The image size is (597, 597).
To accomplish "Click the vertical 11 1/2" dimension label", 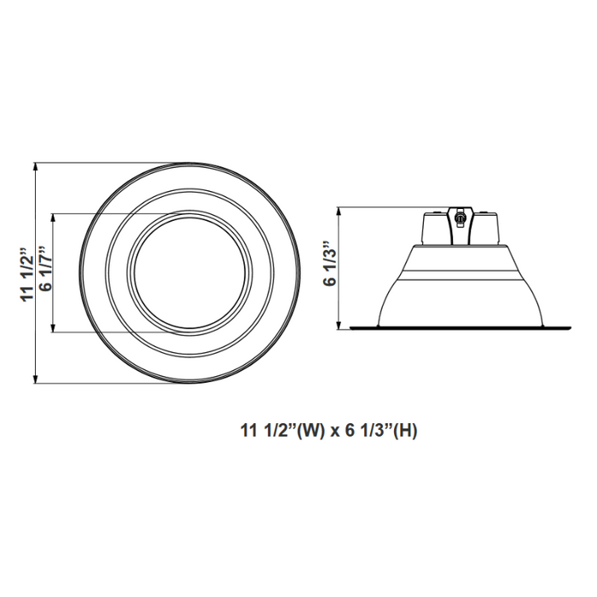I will tap(26, 273).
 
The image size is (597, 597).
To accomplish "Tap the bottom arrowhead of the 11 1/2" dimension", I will tap(36, 383).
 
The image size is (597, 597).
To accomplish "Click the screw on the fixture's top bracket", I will tap(460, 217).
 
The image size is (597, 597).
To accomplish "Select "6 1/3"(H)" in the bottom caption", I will tap(382, 431).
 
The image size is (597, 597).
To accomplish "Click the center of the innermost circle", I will tap(190, 272).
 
